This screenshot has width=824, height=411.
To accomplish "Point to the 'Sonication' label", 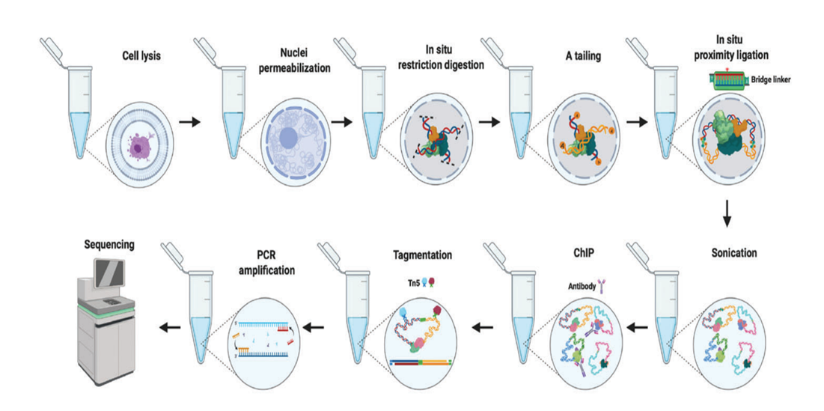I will tap(734, 253).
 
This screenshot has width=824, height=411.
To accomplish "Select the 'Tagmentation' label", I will tap(422, 255).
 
